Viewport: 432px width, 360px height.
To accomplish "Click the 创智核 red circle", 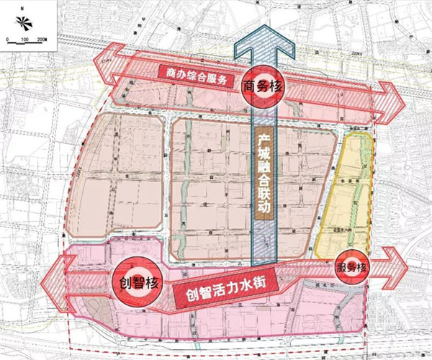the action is pos(135,277).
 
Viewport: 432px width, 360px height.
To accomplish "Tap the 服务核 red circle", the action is pos(353,266).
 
